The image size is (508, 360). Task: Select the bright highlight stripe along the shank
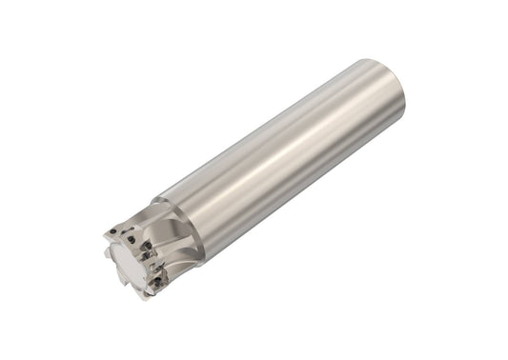click(286, 143)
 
